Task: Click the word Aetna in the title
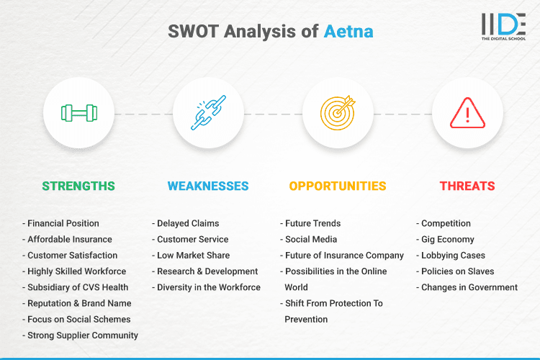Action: coord(348,32)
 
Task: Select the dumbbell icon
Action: coord(78,113)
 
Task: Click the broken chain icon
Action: coord(208,113)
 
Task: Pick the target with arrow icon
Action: coord(338,113)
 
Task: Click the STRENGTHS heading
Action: coord(78,186)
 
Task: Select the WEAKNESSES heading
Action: coord(208,186)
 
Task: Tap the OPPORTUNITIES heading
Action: coord(338,186)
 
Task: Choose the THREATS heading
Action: coord(467,186)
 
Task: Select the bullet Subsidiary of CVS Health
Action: coord(78,287)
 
